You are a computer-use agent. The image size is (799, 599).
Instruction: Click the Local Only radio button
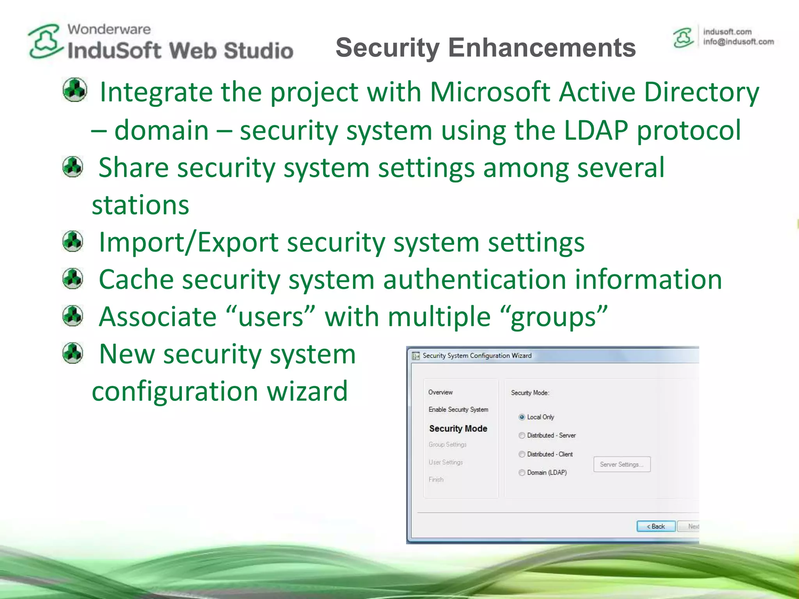click(522, 417)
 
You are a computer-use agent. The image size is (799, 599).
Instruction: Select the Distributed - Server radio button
click(522, 436)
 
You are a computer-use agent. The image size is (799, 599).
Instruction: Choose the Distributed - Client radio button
click(522, 454)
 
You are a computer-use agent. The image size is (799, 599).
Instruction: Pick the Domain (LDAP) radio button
click(522, 473)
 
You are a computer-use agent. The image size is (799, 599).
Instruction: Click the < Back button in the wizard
click(656, 526)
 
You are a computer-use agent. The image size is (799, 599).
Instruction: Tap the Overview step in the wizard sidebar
click(440, 392)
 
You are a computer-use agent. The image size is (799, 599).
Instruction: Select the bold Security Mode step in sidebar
click(458, 429)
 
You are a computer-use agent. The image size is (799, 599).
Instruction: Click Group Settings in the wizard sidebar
click(447, 445)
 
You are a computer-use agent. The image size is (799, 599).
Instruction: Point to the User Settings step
click(446, 462)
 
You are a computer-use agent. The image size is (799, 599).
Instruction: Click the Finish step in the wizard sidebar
click(436, 480)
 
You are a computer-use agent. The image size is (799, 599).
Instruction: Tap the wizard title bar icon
click(415, 356)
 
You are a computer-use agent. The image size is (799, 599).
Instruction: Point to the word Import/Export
click(188, 242)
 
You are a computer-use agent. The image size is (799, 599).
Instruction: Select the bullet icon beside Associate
click(73, 316)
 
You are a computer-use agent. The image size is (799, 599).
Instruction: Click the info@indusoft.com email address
click(738, 42)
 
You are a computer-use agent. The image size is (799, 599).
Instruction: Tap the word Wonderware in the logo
click(109, 29)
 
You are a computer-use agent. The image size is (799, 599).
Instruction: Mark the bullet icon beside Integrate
click(75, 90)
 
